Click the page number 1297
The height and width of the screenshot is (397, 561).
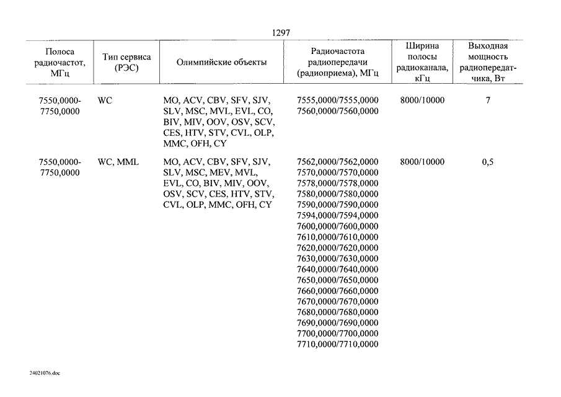tap(281, 33)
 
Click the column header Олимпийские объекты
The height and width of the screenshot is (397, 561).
tap(221, 62)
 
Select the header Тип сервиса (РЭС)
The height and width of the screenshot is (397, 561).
tap(126, 62)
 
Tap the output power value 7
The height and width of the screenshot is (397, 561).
tap(488, 100)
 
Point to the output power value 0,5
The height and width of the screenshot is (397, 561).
tap(488, 162)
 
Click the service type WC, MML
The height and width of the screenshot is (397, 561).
tap(118, 162)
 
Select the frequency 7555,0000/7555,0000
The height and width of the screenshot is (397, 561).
tap(337, 100)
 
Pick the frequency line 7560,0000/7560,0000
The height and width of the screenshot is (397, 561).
tap(337, 111)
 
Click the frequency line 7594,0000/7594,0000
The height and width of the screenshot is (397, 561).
tap(337, 215)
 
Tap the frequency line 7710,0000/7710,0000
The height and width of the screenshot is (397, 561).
tap(337, 344)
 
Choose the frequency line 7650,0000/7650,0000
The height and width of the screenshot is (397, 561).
tap(337, 280)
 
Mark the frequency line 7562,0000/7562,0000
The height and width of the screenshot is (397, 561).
tap(337, 162)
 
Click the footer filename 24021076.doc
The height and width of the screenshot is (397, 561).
tap(45, 373)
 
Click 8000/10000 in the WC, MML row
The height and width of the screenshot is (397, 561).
tap(422, 162)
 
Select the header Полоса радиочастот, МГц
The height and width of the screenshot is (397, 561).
tap(60, 63)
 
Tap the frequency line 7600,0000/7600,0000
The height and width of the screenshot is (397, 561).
tap(337, 226)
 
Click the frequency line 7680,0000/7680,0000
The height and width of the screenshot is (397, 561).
tap(337, 312)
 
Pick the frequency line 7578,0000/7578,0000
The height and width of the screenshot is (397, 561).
tap(337, 183)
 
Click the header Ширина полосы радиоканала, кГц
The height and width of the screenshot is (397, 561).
tap(422, 62)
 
